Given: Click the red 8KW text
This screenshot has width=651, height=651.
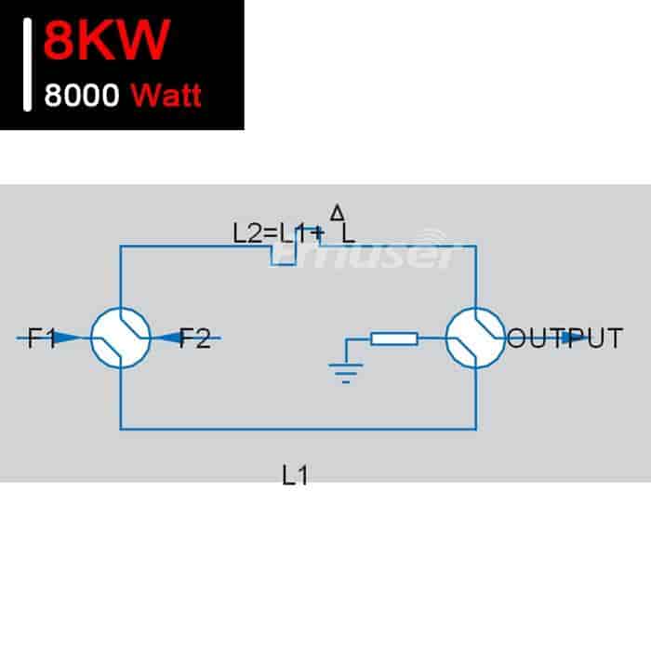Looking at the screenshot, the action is [x=107, y=40].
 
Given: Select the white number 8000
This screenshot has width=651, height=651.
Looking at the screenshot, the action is [x=82, y=95].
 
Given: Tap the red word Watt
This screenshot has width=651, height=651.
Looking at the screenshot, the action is [x=166, y=96].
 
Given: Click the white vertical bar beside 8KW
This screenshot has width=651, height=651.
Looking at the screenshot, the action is [x=27, y=65].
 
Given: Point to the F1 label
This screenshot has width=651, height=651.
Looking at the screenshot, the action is [x=42, y=338].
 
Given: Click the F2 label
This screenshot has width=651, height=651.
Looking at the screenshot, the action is [x=194, y=338].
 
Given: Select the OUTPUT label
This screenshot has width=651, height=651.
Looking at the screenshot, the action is [x=565, y=338].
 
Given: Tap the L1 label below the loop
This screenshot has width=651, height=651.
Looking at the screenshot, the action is [x=295, y=475].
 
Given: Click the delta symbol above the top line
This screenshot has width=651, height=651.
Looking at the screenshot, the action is [x=337, y=212].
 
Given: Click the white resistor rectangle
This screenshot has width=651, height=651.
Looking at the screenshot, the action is [x=394, y=339].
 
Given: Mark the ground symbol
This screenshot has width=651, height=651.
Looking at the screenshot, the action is [x=346, y=373].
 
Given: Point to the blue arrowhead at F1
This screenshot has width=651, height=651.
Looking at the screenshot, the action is [x=67, y=338].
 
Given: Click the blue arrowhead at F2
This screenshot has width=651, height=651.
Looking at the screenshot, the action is [x=170, y=338].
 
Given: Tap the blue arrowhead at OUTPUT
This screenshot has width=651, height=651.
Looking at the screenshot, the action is [x=575, y=338].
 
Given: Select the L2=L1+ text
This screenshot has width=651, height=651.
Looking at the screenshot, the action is [x=278, y=233].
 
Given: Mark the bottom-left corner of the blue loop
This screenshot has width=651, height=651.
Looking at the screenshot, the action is [x=120, y=429].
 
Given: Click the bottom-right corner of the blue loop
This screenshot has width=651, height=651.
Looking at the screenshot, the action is [x=476, y=429].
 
